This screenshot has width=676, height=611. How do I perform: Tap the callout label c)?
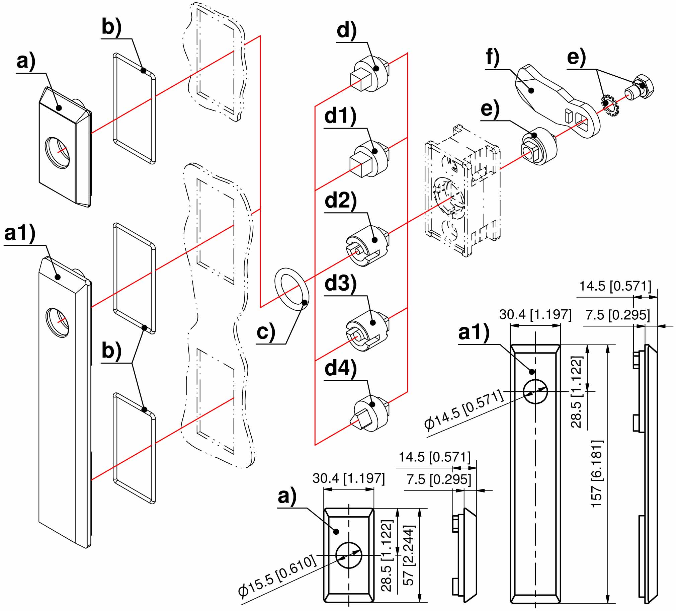coord(266,331)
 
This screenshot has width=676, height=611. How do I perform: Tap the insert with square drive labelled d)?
coord(369,74)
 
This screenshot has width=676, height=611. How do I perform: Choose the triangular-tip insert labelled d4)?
coord(369,413)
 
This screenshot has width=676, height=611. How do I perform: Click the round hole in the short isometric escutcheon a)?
coord(58,152)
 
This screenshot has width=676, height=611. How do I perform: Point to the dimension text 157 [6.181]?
coord(597,473)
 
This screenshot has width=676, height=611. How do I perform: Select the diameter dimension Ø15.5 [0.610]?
coord(278,575)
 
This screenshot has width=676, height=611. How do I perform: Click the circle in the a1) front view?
coord(535,392)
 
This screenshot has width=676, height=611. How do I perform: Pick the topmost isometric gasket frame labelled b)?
coord(134,108)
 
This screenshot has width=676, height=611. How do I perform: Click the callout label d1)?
coord(340,116)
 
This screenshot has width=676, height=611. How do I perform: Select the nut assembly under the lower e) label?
coord(538,146)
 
